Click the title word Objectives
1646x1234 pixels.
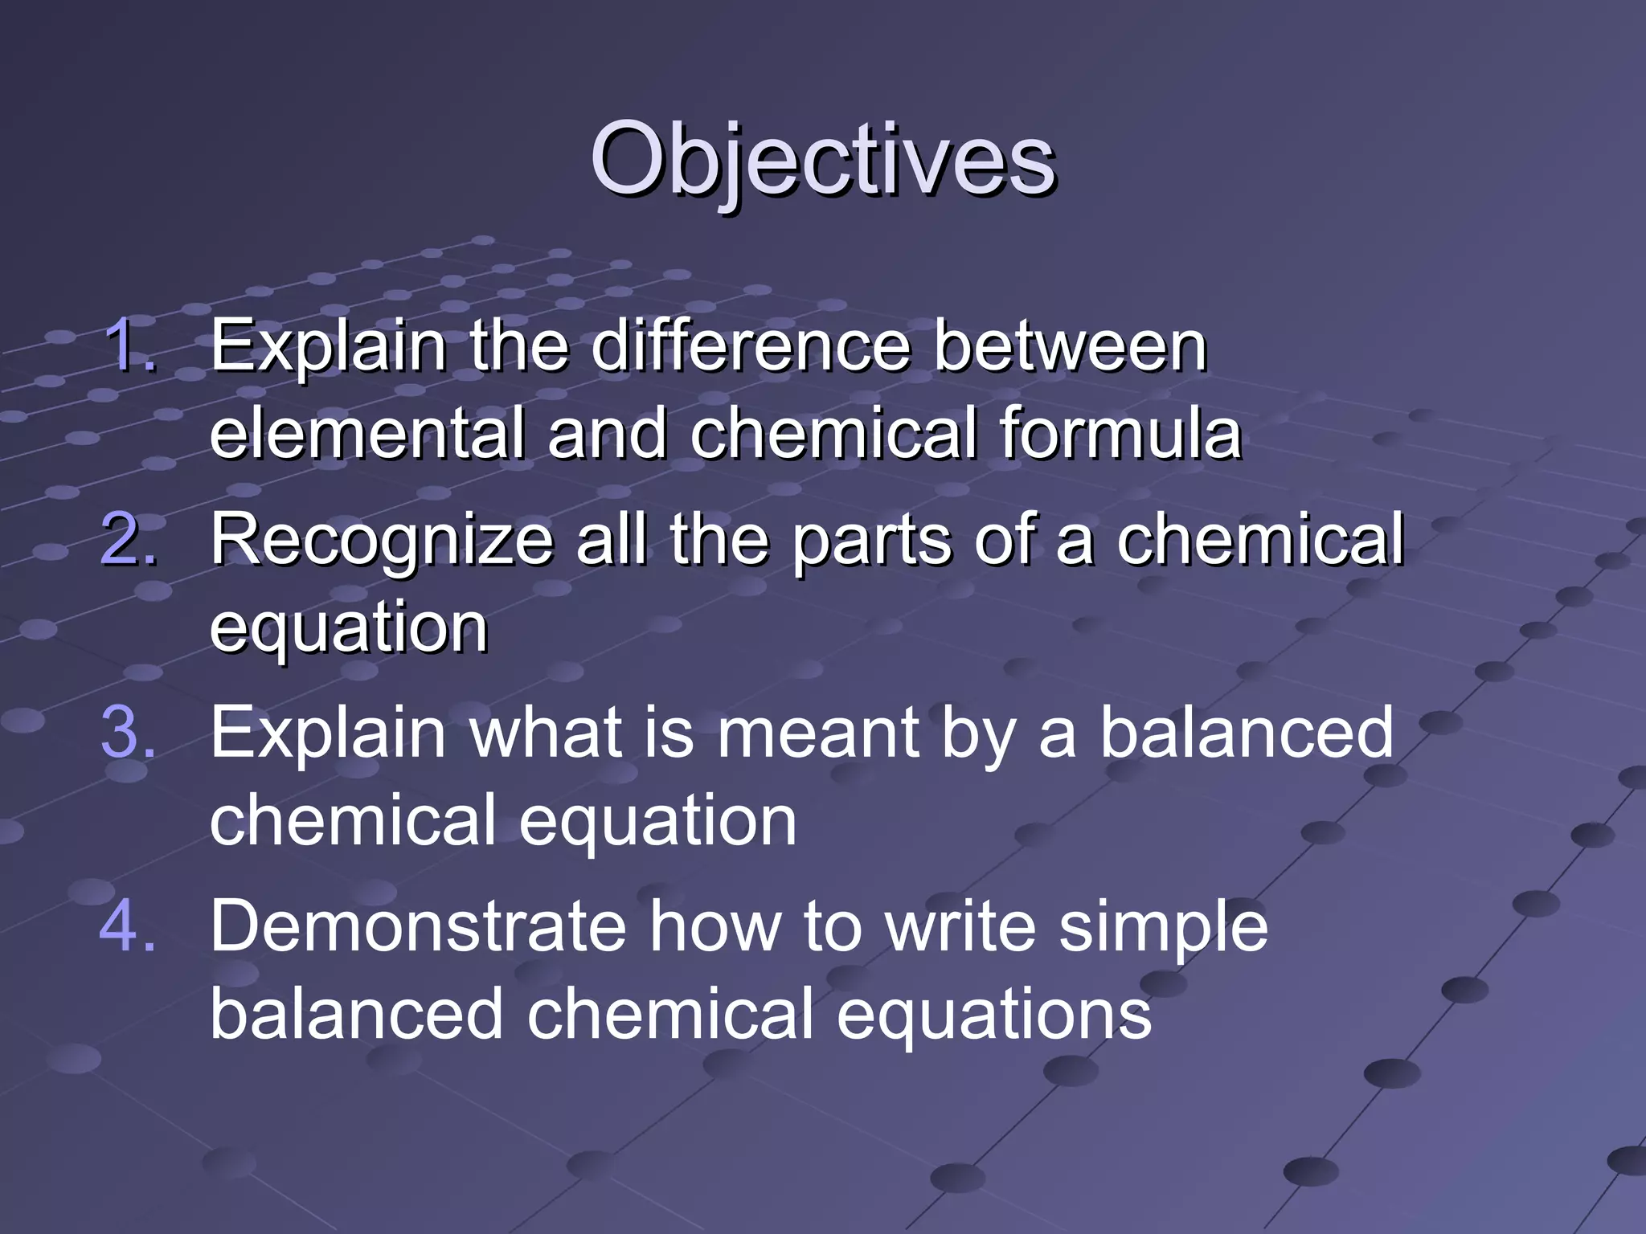click(822, 161)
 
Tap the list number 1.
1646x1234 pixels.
click(129, 345)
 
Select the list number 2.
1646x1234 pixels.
click(129, 539)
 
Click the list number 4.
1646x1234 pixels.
click(129, 926)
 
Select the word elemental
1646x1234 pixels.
click(366, 434)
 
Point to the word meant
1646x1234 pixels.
click(817, 733)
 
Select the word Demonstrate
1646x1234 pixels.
click(417, 926)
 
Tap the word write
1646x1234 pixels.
click(960, 926)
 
